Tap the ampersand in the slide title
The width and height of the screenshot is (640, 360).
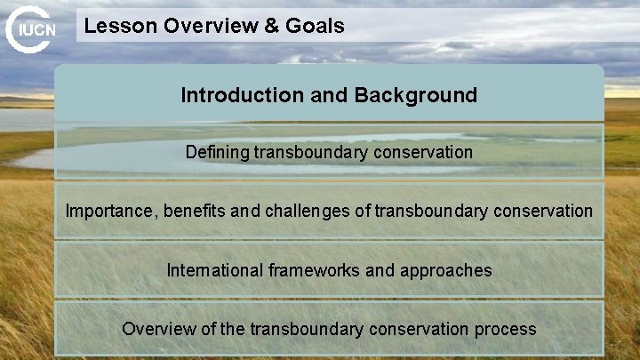[x=270, y=26]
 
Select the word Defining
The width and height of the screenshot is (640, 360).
[x=217, y=152]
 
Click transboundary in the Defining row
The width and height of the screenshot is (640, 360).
[x=311, y=152]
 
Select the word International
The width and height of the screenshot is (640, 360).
[x=215, y=269]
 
